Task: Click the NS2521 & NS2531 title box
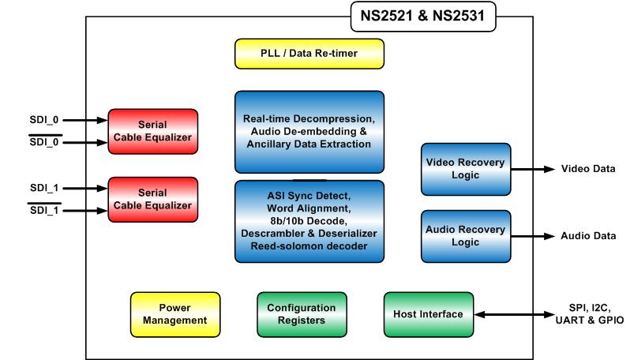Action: click(423, 15)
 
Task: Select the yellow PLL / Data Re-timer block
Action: click(309, 53)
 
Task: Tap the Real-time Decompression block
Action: click(309, 131)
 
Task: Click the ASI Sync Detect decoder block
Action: click(309, 221)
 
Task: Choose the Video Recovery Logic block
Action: click(466, 168)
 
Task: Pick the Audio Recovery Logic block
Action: click(466, 235)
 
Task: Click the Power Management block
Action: click(175, 313)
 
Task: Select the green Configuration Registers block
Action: click(302, 313)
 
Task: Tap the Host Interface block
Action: click(429, 314)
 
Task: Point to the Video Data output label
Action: click(587, 169)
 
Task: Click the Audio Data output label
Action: click(587, 236)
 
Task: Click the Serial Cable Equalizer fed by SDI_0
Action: click(153, 131)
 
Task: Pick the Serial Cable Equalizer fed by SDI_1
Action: click(153, 199)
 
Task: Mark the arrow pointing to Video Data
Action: click(532, 169)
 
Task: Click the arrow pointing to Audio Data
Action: click(532, 236)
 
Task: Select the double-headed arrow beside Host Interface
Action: click(512, 315)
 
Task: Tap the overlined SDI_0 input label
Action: click(44, 142)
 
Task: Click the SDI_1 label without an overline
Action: click(44, 188)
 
